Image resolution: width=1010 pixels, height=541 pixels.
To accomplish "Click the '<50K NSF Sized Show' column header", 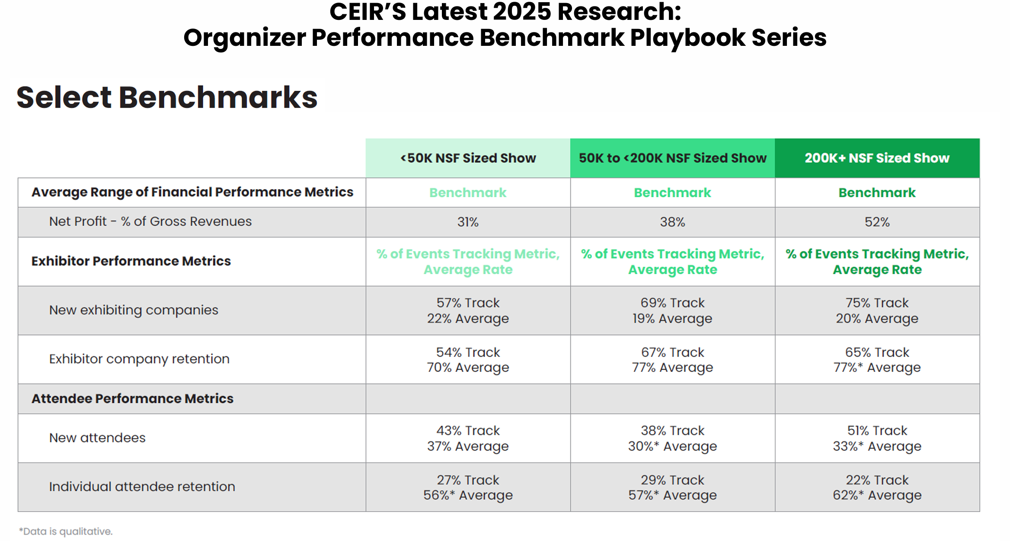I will click(x=468, y=158).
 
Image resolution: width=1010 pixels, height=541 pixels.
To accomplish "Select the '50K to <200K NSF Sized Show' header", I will click(x=672, y=158).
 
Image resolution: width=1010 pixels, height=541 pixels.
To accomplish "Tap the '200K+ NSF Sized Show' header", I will click(x=877, y=158).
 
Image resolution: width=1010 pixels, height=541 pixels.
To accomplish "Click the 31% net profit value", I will click(x=468, y=222).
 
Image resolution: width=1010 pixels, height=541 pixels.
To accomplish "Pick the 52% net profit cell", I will click(x=877, y=222).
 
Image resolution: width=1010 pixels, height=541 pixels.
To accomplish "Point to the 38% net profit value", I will click(x=672, y=222).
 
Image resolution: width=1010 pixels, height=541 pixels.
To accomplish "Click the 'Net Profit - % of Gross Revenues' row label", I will click(x=150, y=221).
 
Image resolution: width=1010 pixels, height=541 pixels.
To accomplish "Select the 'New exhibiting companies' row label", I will click(x=134, y=310).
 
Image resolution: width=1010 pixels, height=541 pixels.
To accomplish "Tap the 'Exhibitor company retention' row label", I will click(x=139, y=359).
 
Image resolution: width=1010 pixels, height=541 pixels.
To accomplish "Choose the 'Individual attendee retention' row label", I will click(x=142, y=487).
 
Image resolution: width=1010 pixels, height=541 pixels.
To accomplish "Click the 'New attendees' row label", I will click(x=97, y=438).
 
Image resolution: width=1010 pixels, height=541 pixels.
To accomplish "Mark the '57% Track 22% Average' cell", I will click(x=468, y=311).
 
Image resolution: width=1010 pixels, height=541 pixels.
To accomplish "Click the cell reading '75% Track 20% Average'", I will click(x=877, y=311).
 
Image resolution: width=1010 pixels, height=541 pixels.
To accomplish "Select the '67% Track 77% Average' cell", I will click(x=672, y=359).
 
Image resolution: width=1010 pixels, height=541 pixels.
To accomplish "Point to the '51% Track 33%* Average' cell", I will click(x=877, y=438).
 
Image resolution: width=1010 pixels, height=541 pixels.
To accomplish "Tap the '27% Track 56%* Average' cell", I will click(x=468, y=487).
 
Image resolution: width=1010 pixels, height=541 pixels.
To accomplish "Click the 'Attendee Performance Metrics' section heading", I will click(x=132, y=398).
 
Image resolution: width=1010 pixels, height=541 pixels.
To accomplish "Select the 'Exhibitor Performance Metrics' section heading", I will click(x=131, y=261).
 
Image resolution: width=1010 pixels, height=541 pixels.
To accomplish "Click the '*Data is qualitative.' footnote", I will click(x=66, y=531).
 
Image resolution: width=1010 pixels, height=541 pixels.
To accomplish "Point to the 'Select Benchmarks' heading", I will click(x=167, y=97).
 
